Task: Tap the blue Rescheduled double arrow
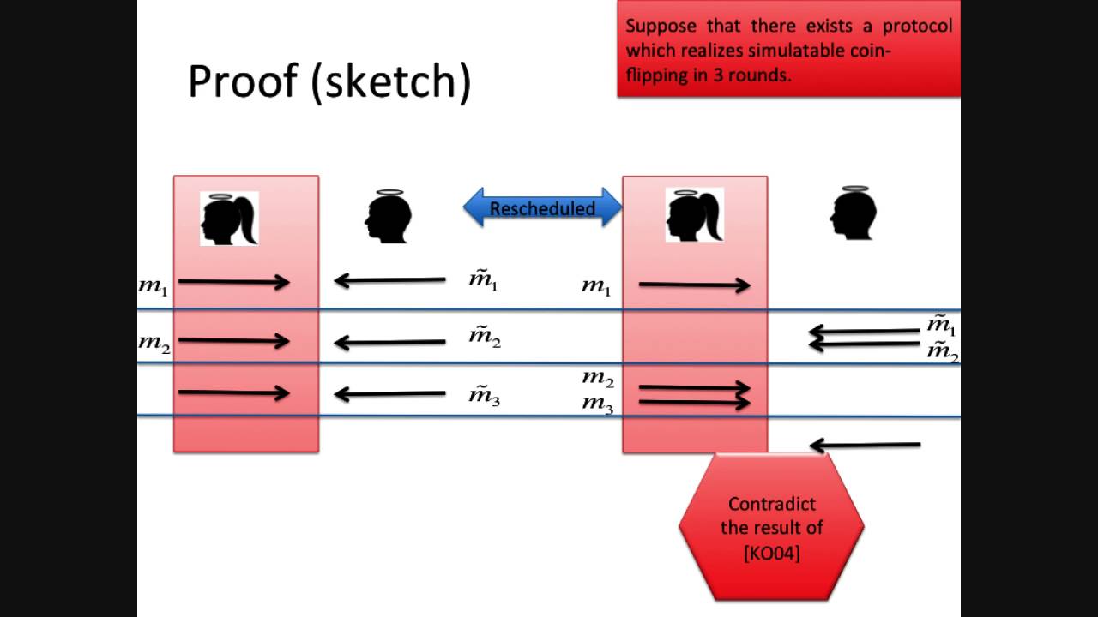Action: pos(542,208)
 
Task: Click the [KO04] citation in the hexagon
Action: pos(771,553)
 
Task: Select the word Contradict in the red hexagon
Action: pos(771,504)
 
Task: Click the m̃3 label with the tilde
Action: pos(484,394)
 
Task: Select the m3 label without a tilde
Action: pos(598,404)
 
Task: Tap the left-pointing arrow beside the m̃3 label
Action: pos(389,394)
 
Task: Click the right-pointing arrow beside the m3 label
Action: pos(695,402)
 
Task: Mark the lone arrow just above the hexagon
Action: pos(865,445)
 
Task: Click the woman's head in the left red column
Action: pos(229,219)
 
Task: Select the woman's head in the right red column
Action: pos(695,215)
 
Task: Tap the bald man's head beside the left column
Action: pos(389,216)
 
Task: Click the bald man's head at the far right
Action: pos(853,213)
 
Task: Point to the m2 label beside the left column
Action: pos(154,343)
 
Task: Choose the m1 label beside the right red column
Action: pos(596,286)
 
